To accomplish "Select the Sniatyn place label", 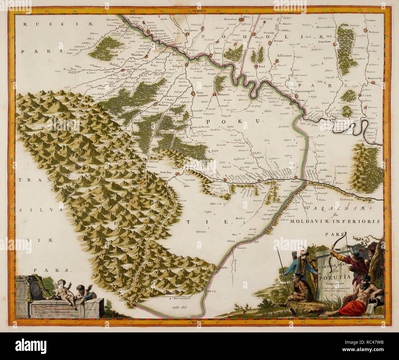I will click(x=296, y=182).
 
